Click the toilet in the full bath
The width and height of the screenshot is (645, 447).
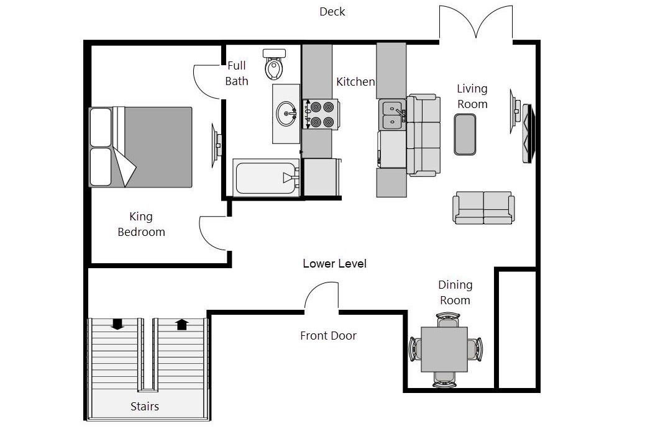tap(275, 64)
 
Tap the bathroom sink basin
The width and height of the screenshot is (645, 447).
tap(286, 114)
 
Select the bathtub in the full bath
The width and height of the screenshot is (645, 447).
tap(266, 178)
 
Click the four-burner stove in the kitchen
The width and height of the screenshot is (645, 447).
tap(321, 114)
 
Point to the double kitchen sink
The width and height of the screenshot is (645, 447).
tap(393, 115)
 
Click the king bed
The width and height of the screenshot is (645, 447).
tap(140, 147)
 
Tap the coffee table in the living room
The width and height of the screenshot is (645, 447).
tap(465, 134)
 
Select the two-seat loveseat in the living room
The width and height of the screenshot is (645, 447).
tap(483, 207)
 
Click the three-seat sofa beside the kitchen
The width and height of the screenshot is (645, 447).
tap(423, 135)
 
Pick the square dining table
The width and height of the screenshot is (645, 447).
tap(444, 349)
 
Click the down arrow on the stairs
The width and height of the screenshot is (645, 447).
tap(117, 324)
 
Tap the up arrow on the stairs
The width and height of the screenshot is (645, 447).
tap(182, 325)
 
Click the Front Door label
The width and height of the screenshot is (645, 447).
tap(328, 336)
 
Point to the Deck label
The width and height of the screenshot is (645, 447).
tap(332, 12)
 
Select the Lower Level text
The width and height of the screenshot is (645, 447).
tap(334, 263)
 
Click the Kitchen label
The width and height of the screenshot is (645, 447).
tap(355, 82)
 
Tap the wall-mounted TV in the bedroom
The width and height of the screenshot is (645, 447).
tap(216, 145)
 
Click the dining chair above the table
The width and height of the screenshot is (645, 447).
tap(447, 320)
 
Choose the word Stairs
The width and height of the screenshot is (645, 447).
tap(145, 406)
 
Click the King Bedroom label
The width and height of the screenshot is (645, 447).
tap(141, 224)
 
